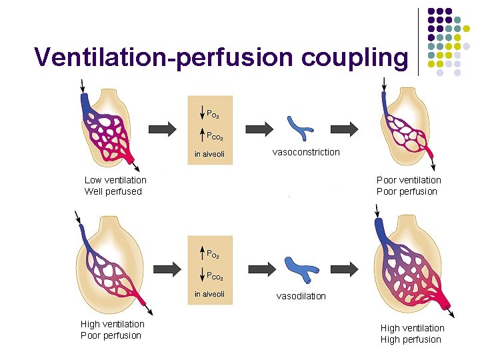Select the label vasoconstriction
tap(306, 152)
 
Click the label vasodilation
tap(301, 296)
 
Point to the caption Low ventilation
tap(115, 180)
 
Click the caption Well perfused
tap(113, 192)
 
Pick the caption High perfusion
tap(411, 339)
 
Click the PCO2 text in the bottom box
tap(214, 276)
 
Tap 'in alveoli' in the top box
tap(209, 155)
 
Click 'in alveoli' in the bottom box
tap(209, 294)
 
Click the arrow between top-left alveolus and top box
tap(161, 129)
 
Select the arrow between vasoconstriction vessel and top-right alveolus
tap(345, 129)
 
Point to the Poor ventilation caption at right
tap(409, 180)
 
